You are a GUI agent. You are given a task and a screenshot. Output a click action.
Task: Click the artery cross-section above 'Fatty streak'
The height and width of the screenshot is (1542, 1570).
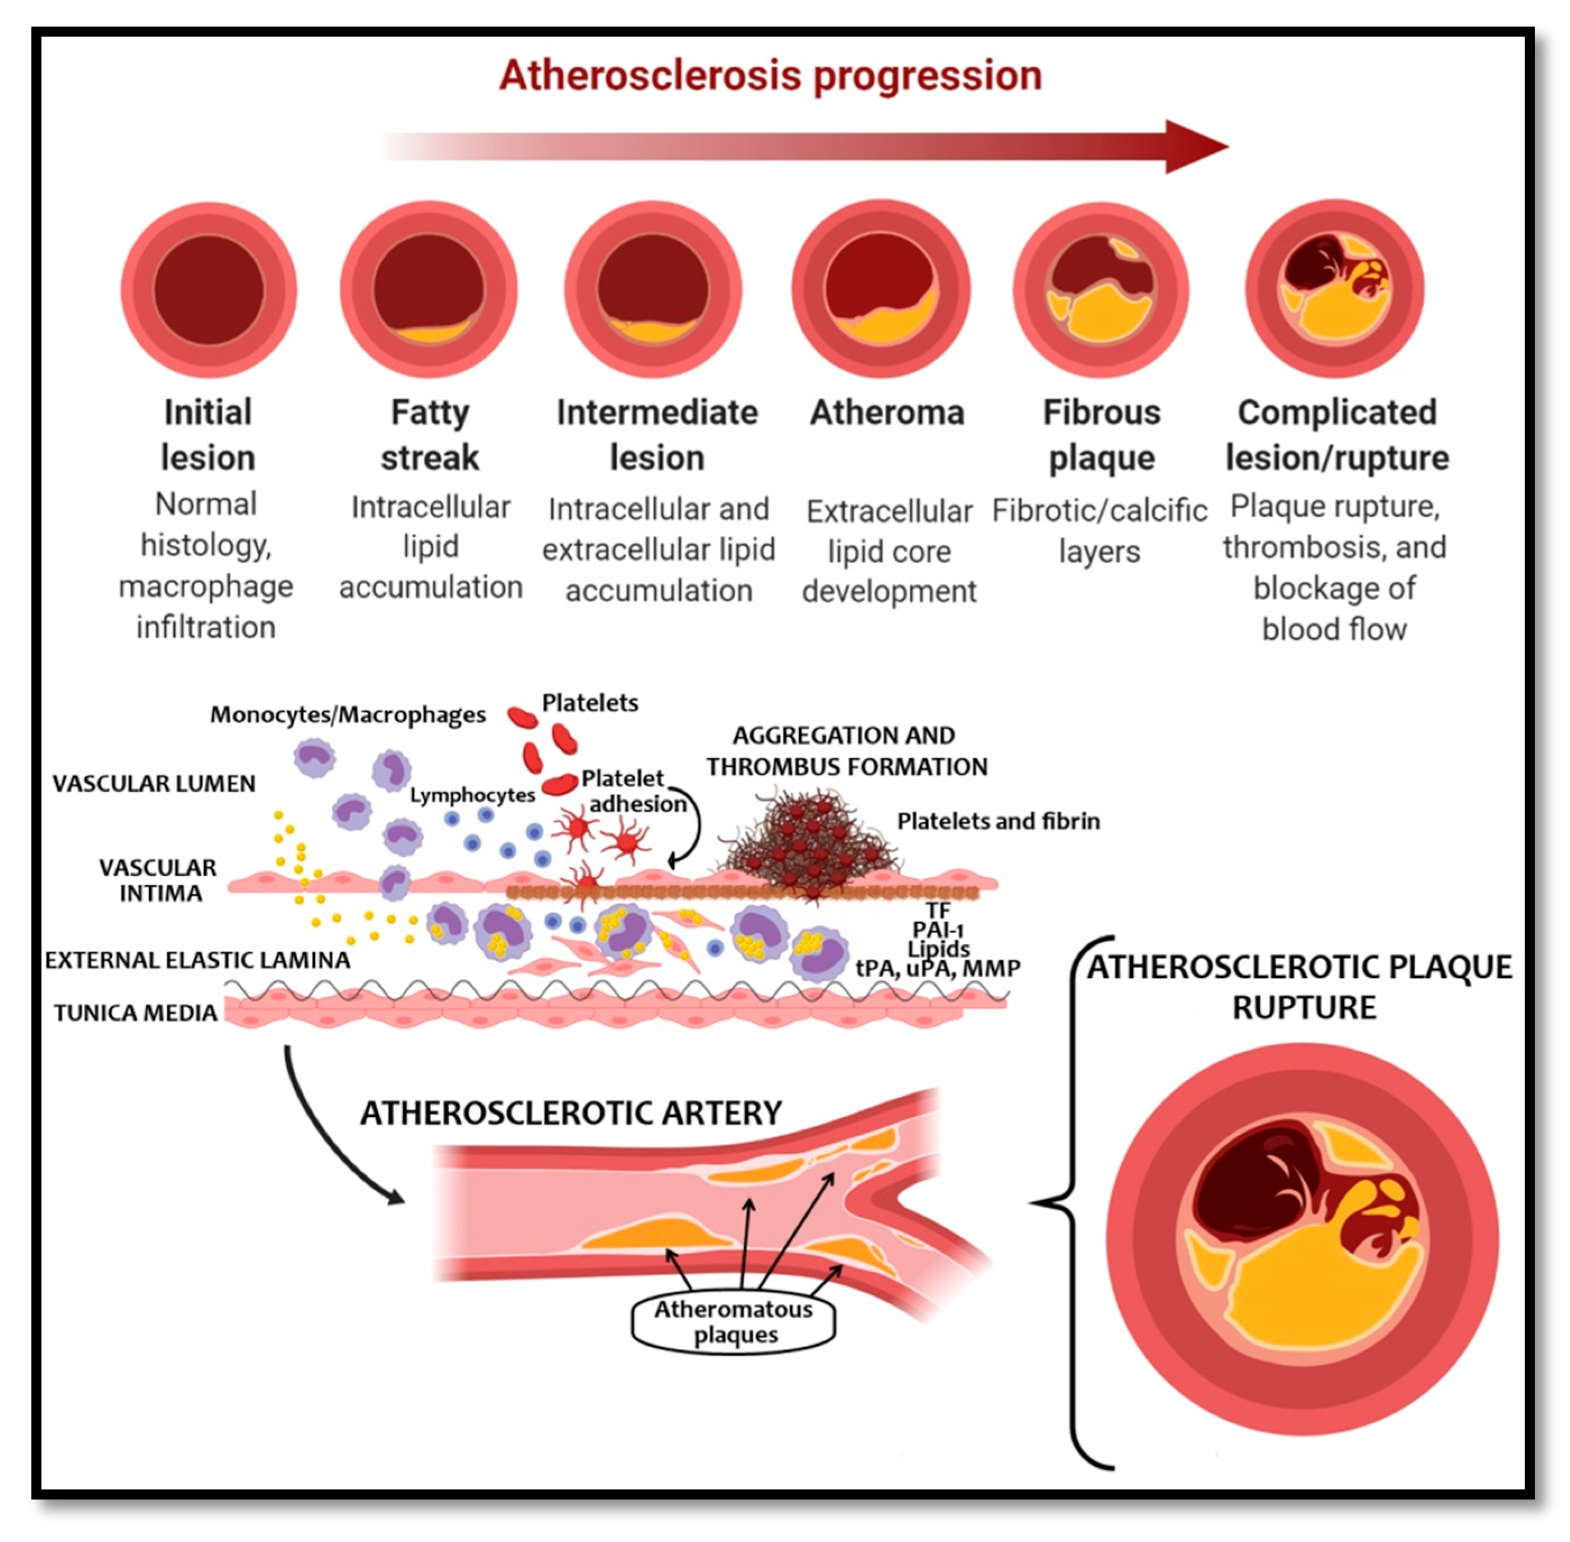(x=429, y=290)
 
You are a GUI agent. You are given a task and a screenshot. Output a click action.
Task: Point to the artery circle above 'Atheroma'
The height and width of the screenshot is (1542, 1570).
(x=881, y=289)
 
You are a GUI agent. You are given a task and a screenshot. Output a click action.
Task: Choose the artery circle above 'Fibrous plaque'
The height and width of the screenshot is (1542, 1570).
(x=1101, y=289)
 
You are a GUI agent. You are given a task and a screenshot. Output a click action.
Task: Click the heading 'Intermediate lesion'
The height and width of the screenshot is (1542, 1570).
(x=657, y=435)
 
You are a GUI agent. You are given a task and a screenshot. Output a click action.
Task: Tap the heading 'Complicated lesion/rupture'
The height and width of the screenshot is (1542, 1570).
(x=1337, y=435)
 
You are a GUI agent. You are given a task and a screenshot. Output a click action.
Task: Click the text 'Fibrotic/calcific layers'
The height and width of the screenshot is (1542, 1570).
(x=1099, y=531)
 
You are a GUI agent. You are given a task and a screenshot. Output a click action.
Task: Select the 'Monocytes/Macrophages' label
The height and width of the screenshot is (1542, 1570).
(x=348, y=714)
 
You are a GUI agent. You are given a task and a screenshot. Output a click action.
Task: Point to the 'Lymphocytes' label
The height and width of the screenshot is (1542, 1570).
(x=472, y=795)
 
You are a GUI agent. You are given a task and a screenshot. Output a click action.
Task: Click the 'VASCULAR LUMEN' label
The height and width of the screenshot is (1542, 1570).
(x=154, y=783)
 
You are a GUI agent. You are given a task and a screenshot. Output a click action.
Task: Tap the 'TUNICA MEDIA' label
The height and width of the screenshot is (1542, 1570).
(x=135, y=1012)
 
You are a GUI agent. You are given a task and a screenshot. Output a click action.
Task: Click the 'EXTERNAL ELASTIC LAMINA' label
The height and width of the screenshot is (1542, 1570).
(x=197, y=960)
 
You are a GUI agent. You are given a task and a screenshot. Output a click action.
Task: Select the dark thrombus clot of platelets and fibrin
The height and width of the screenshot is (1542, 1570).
(x=810, y=842)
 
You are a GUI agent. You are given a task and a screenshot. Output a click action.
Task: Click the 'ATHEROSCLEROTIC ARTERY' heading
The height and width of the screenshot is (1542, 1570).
(x=571, y=1113)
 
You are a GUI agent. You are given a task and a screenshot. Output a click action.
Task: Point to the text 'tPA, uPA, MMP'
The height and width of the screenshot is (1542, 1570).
(x=938, y=968)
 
